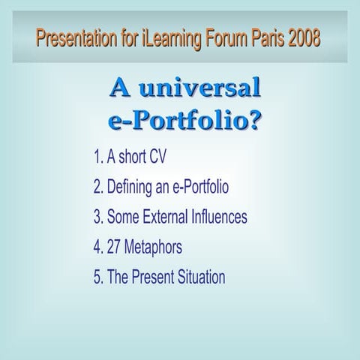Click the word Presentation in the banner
(x=73, y=37)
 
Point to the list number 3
(x=97, y=217)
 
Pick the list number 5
(x=97, y=277)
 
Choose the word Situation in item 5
(x=202, y=277)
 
